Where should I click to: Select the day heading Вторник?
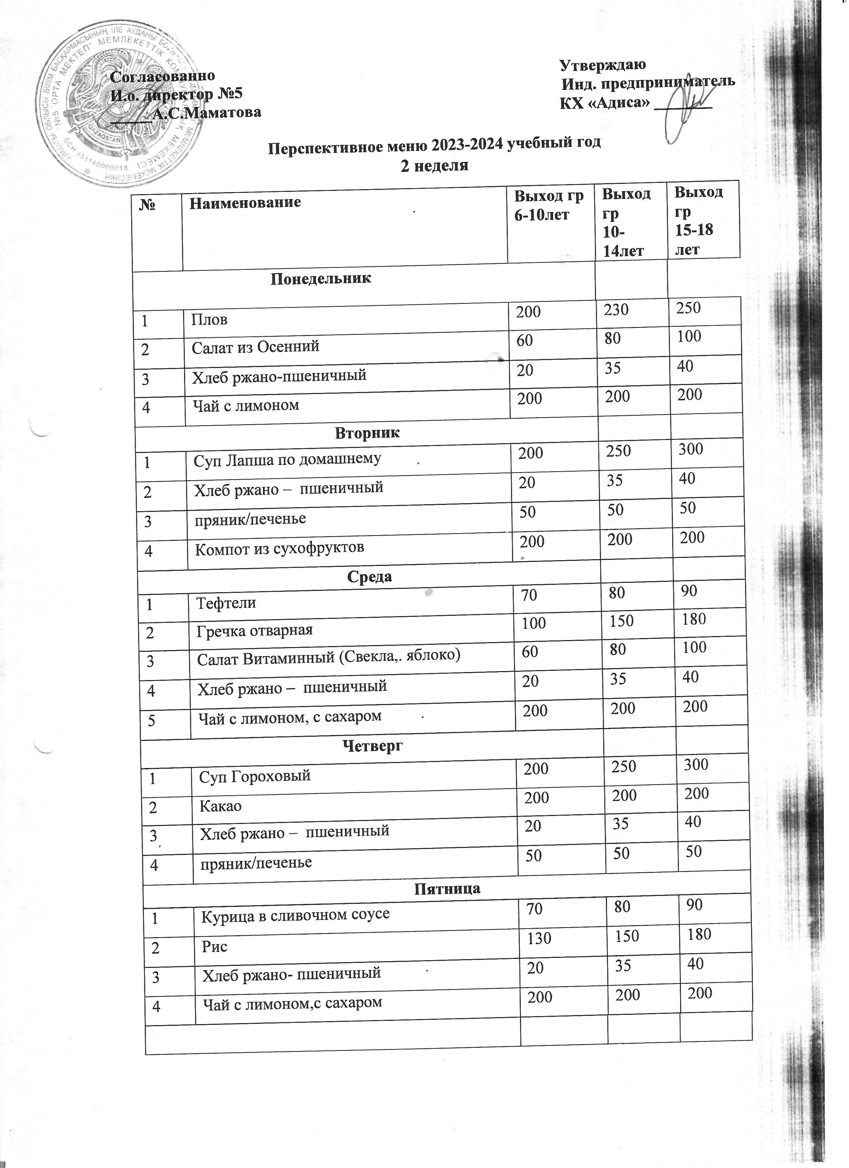pos(367,433)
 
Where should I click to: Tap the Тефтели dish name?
pos(226,602)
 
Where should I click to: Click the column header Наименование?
pos(245,202)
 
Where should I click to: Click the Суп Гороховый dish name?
pos(255,776)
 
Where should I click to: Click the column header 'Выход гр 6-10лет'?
pos(550,204)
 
